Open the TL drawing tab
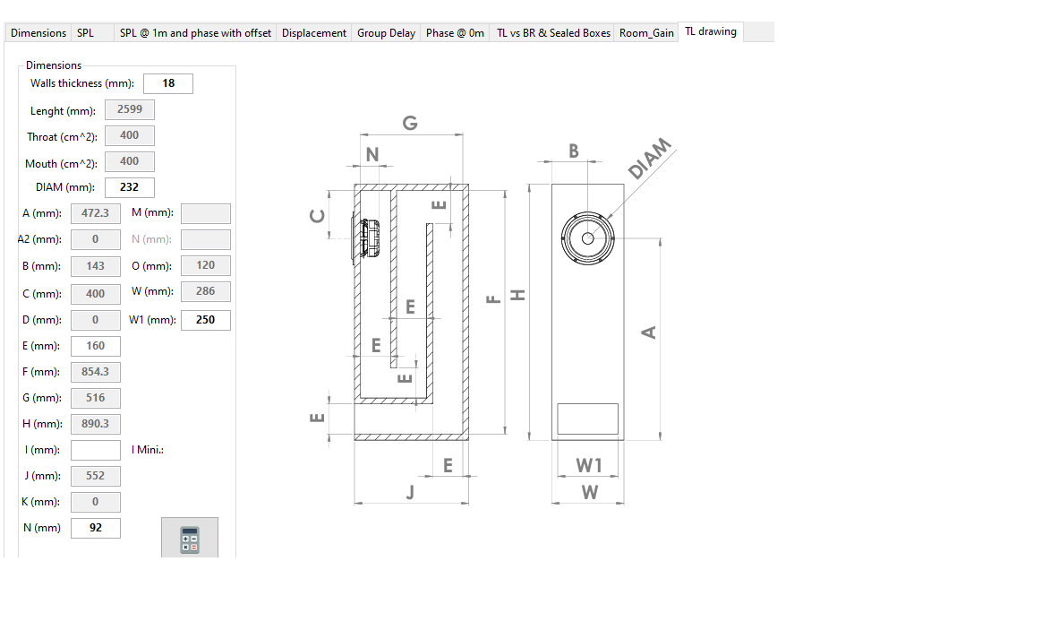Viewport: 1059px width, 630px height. coord(711,31)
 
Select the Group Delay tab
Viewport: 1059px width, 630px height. coord(386,33)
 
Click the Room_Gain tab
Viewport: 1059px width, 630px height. coord(646,33)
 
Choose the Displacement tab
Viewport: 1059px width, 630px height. coord(313,33)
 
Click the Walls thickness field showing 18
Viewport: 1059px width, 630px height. coord(168,83)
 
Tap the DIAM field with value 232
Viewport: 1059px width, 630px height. coord(130,187)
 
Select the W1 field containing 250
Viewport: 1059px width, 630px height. coord(205,320)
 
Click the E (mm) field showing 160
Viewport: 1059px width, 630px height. coord(95,345)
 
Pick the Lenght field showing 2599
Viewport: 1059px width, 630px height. coord(130,108)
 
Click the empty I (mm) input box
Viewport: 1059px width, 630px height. coord(95,450)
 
